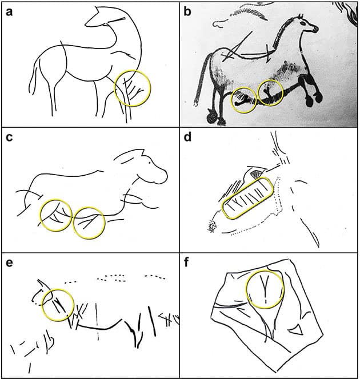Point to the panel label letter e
[9, 264]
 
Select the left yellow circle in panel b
[243, 99]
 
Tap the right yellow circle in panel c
[89, 222]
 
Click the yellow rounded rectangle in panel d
[247, 198]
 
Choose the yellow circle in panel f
[265, 289]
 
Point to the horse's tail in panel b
[201, 80]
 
